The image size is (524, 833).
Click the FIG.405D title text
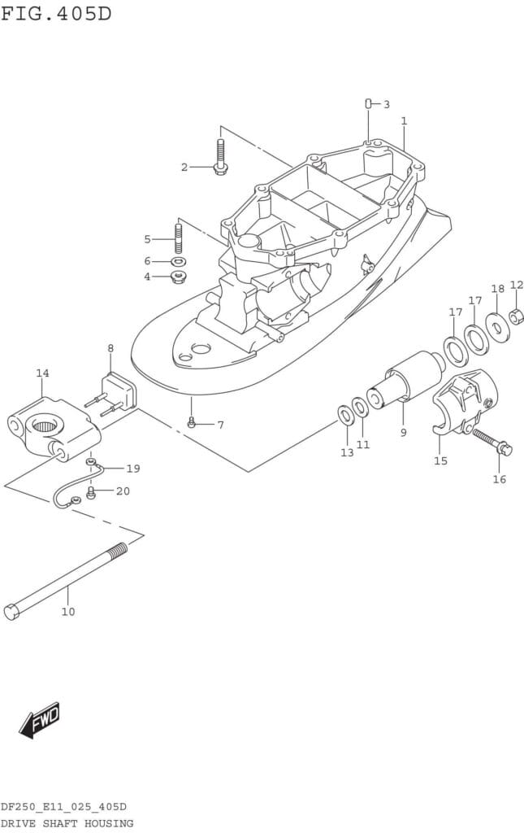(x=56, y=13)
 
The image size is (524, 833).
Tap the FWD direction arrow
(x=40, y=721)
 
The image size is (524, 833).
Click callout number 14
(x=42, y=373)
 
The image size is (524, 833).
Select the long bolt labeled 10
(x=66, y=581)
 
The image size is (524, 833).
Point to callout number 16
(x=499, y=479)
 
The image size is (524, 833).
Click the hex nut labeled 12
(x=516, y=317)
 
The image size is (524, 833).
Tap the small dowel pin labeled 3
(x=368, y=102)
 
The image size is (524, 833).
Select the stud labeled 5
(x=178, y=240)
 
